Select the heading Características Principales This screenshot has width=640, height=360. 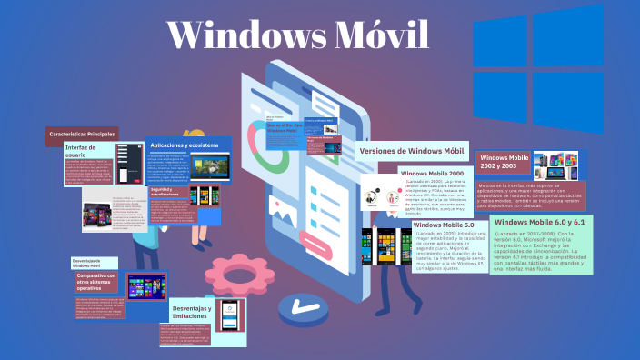(x=82, y=135)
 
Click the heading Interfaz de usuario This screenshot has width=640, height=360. (x=81, y=152)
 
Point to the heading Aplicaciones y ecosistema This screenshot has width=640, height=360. (x=185, y=145)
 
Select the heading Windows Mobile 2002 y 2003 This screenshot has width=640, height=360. (x=503, y=163)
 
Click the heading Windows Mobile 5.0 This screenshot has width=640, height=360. (x=444, y=225)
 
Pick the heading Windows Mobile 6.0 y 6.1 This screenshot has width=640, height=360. (x=540, y=221)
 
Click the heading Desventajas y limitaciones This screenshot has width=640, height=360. (x=191, y=312)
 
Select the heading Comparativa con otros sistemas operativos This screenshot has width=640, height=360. (x=95, y=281)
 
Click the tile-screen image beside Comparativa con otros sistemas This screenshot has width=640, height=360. (x=145, y=289)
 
